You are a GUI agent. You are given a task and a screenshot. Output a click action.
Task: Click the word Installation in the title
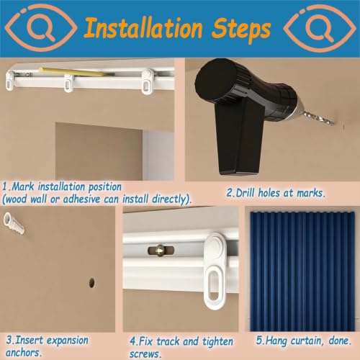(143, 28)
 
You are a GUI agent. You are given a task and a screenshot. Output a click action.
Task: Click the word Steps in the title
(241, 30)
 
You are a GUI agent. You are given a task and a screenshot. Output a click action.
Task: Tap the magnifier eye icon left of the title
(41, 28)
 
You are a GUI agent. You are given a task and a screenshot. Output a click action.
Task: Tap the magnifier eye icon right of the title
(320, 28)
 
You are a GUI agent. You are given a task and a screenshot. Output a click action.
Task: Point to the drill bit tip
(333, 123)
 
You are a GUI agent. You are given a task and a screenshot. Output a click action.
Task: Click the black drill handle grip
(239, 136)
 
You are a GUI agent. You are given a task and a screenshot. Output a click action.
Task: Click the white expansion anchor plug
(14, 224)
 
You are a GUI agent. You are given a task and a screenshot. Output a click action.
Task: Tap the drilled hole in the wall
(91, 283)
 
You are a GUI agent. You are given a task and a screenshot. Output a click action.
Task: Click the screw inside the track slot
(161, 250)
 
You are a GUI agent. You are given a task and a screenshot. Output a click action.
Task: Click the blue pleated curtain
(302, 271)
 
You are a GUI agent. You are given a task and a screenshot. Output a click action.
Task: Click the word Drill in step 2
(245, 193)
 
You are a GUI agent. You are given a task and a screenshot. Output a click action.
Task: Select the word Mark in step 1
(22, 186)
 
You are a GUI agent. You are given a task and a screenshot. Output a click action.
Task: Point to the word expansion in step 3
(68, 341)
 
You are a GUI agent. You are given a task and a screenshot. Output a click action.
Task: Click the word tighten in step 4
(217, 342)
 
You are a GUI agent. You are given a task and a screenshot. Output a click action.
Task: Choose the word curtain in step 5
(305, 341)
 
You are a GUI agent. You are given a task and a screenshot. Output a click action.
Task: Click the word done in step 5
(340, 341)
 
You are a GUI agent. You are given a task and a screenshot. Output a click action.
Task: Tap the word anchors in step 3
(24, 353)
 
